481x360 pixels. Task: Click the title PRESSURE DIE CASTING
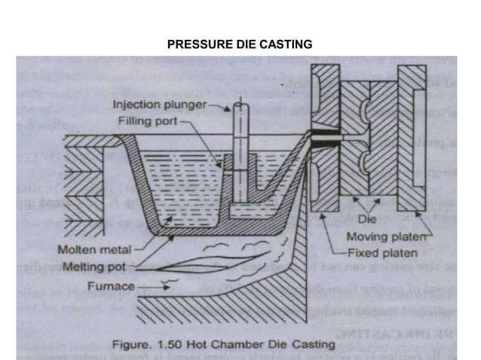tap(240, 45)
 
